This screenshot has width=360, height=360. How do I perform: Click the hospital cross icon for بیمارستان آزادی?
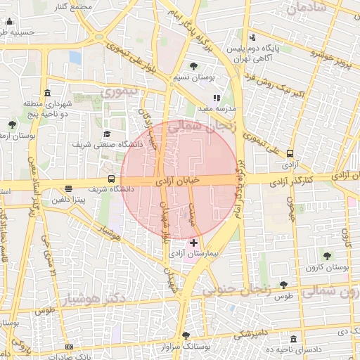pos(193,242)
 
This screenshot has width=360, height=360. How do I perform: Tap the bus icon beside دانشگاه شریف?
pos(111,179)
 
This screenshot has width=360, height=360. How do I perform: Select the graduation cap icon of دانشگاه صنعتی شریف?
pos(107,134)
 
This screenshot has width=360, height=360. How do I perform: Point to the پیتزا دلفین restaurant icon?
pos(68,188)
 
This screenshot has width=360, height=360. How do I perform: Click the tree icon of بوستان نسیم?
pos(194,66)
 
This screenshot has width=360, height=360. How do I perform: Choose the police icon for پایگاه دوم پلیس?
pos(252,37)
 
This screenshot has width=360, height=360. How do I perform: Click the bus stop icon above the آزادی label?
pos(290,154)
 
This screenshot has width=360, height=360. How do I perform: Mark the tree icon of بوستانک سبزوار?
pos(186,335)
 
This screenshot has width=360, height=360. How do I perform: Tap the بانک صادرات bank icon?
pos(68,347)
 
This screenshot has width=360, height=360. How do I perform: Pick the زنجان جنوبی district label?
pos(237,288)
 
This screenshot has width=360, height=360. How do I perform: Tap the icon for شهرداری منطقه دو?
pos(47,93)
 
